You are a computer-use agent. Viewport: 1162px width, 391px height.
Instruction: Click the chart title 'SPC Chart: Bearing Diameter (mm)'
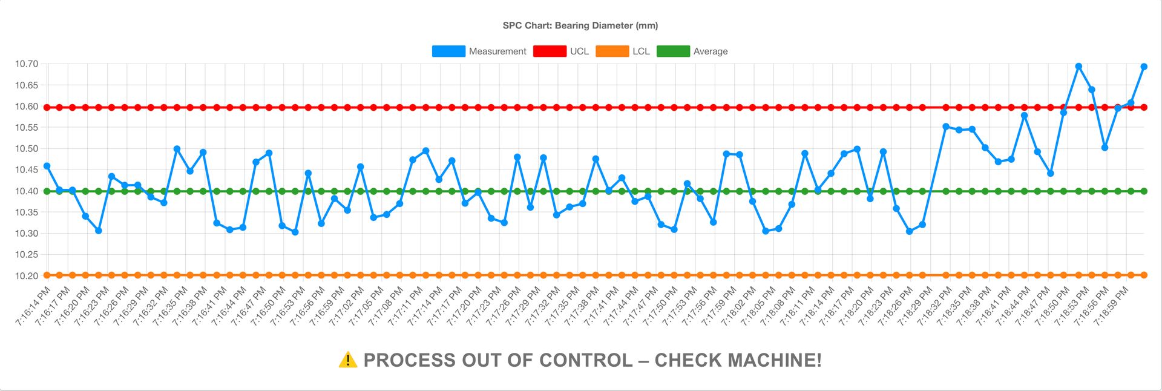tap(580, 25)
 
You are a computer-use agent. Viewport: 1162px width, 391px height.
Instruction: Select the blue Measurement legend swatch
tap(448, 51)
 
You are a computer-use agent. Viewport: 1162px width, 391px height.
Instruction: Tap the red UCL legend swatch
tap(549, 51)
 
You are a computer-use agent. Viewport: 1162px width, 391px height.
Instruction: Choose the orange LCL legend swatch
tap(612, 51)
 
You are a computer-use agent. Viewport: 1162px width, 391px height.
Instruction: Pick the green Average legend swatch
tap(673, 51)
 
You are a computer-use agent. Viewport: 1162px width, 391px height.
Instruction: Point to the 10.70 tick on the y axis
tap(27, 64)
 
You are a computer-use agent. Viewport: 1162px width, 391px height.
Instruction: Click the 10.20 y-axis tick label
tap(27, 276)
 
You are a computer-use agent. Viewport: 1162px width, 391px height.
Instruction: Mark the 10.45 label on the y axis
tap(27, 170)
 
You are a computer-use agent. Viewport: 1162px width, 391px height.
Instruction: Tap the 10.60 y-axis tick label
tap(27, 107)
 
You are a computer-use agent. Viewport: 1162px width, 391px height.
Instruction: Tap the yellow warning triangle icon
tap(348, 360)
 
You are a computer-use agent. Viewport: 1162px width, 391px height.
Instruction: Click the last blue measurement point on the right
tap(1144, 67)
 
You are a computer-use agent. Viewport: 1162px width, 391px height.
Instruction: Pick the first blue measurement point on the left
tap(47, 166)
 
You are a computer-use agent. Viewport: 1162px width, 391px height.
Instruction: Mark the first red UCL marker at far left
tap(47, 107)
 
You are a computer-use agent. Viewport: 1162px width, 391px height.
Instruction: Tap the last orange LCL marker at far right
tap(1144, 275)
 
